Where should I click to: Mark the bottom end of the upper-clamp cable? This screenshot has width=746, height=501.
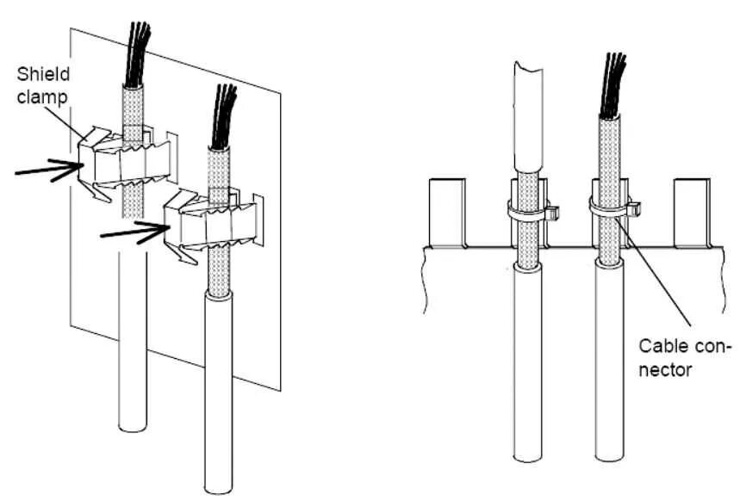pos(132,426)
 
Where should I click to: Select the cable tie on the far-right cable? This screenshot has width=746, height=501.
pos(614,207)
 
